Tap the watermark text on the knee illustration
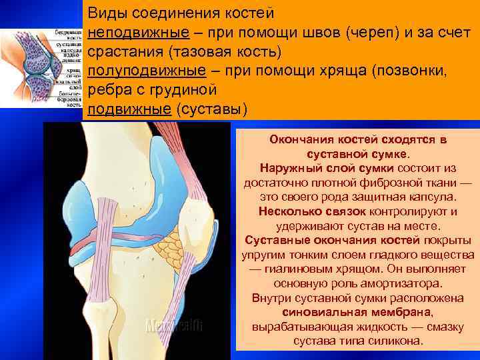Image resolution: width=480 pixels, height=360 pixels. coord(174,325)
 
